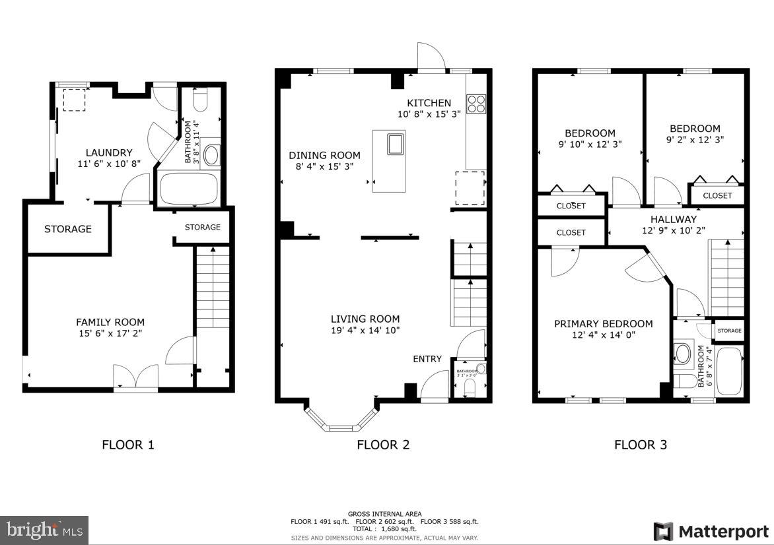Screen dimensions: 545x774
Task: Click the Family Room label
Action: [110, 322]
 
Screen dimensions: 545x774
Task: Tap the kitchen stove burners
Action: [475, 104]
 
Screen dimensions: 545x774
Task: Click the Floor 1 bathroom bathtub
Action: [190, 189]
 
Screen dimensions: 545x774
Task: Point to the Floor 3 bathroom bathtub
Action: [729, 371]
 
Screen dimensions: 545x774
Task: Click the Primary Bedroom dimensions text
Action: [603, 335]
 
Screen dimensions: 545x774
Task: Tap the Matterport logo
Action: [711, 531]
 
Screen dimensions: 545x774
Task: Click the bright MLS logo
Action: [44, 530]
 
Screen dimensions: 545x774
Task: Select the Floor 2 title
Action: [383, 445]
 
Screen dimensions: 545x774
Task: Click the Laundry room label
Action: [109, 152]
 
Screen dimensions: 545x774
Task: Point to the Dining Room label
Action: [324, 155]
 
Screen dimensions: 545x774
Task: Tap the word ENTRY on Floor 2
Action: [427, 359]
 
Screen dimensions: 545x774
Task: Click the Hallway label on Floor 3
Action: [673, 219]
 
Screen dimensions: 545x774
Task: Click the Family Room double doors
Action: [135, 377]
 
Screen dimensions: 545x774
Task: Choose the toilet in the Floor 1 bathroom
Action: [201, 101]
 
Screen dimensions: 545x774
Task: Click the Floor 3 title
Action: [641, 445]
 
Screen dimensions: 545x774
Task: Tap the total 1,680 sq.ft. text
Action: [384, 529]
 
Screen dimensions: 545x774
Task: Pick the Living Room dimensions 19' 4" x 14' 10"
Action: [365, 330]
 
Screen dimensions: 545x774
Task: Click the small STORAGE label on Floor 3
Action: [729, 331]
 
